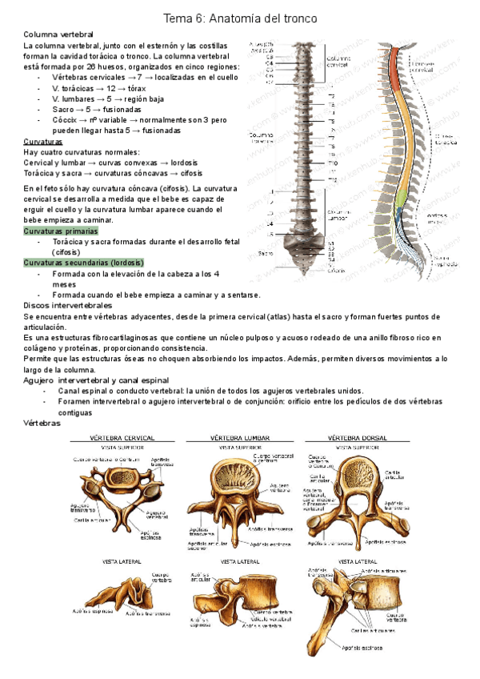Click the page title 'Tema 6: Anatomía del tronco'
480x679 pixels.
[x=240, y=17]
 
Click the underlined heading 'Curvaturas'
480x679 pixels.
[x=43, y=141]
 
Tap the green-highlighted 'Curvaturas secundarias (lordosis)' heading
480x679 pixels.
[x=83, y=262]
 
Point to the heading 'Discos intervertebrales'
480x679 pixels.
[x=68, y=306]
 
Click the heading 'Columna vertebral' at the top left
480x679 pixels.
[x=58, y=35]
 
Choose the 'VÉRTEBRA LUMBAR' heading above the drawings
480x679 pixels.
[x=240, y=437]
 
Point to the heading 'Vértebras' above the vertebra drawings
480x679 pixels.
[x=43, y=422]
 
